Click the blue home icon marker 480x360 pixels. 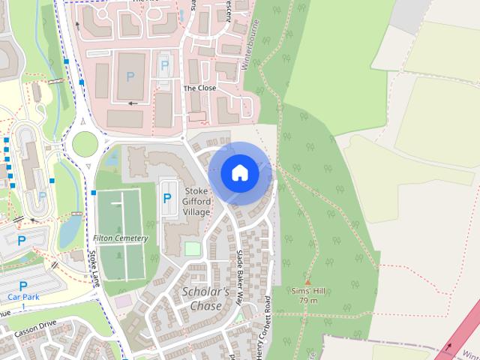239,173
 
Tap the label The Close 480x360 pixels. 199,88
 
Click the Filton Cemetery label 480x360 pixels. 121,238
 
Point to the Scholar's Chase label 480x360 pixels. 202,298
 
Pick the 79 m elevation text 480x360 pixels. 307,300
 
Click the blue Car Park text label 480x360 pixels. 23,296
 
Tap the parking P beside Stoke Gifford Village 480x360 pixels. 166,199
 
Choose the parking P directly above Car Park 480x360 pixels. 23,286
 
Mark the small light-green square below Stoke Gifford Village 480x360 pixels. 193,248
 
